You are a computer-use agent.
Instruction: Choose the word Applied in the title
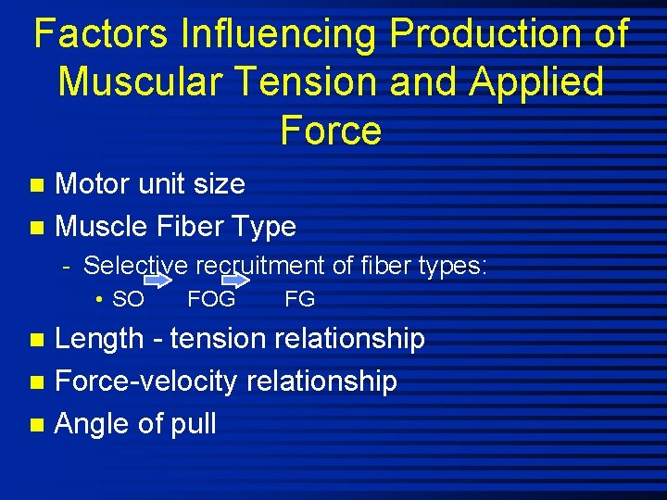[536, 81]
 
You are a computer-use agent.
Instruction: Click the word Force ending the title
[331, 130]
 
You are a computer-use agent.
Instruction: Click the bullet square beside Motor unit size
[36, 185]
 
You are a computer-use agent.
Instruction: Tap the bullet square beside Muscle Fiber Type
[36, 227]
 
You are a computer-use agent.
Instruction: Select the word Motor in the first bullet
[94, 184]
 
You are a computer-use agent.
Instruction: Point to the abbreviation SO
[128, 299]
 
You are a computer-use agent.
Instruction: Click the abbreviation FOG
[211, 299]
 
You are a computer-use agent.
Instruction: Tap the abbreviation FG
[300, 299]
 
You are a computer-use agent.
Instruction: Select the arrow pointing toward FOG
[159, 280]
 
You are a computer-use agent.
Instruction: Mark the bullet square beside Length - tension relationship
[36, 340]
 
